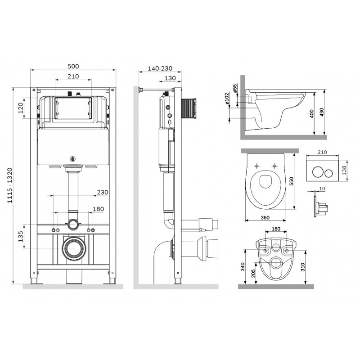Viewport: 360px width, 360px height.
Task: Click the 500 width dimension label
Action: tap(73, 66)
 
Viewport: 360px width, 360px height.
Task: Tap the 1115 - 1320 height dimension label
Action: tap(9, 185)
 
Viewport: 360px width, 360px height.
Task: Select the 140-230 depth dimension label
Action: tap(160, 68)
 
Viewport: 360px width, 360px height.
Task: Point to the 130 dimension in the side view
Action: tap(170, 78)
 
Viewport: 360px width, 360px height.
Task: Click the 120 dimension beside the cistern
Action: tap(21, 108)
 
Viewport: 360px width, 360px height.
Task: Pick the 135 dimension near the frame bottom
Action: tap(21, 237)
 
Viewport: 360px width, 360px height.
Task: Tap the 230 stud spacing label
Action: tap(103, 192)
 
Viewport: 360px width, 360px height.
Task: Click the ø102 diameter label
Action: tap(227, 99)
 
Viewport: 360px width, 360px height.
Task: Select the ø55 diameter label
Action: tap(234, 88)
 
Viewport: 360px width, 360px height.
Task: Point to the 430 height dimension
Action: tap(322, 112)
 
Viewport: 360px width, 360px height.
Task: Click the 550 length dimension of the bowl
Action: tap(292, 181)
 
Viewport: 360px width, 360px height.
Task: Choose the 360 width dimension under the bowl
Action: tap(265, 218)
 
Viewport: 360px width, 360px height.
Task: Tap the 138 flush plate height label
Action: tap(344, 171)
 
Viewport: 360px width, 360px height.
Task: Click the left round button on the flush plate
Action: tap(317, 173)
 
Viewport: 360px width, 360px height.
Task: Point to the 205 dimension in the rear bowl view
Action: tap(253, 273)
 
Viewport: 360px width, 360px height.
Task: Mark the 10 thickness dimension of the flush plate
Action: tap(322, 189)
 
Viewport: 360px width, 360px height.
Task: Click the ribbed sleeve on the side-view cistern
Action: tap(189, 109)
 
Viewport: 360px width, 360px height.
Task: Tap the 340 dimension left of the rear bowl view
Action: tap(243, 267)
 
